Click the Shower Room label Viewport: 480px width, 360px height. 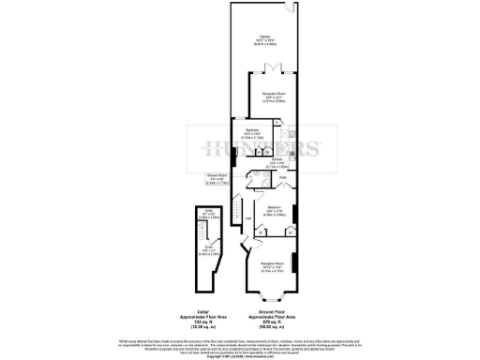(217, 181)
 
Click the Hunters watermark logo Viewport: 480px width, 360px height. (258, 148)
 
